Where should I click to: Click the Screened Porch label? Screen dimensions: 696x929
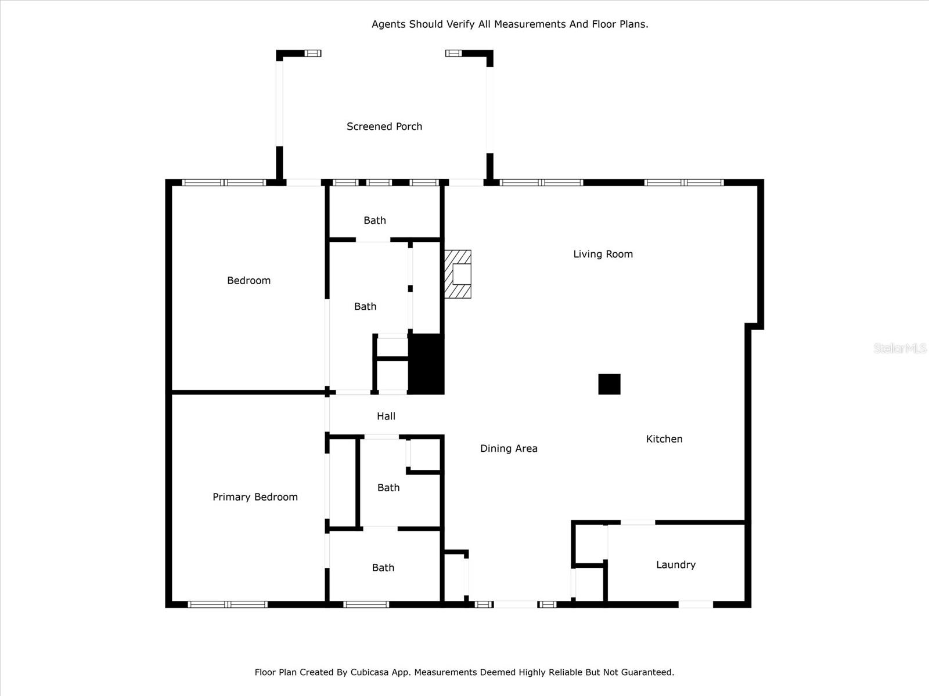click(384, 126)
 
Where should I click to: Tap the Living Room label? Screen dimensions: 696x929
click(603, 254)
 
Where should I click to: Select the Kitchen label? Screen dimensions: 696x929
click(664, 439)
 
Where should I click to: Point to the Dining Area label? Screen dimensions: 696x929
click(509, 448)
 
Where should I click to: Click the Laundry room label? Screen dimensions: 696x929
click(675, 565)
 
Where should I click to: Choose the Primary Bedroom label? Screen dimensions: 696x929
click(255, 497)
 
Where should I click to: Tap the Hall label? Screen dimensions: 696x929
click(386, 416)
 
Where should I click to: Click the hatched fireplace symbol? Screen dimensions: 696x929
click(458, 274)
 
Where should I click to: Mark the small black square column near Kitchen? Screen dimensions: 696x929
click(609, 384)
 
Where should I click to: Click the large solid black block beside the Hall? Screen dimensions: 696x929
click(426, 364)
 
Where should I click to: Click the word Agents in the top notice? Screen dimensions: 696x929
click(388, 24)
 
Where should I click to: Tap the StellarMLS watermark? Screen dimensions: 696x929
click(900, 348)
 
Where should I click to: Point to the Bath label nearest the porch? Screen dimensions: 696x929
click(375, 220)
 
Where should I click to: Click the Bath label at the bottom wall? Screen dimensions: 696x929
click(383, 568)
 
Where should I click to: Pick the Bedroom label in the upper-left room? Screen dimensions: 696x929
click(249, 281)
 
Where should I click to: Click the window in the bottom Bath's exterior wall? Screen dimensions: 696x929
click(366, 604)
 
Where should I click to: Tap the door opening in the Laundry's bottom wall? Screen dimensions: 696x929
click(696, 604)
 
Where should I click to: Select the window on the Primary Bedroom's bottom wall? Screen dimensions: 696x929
click(228, 604)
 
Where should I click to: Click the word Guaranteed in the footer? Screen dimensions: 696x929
click(644, 672)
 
